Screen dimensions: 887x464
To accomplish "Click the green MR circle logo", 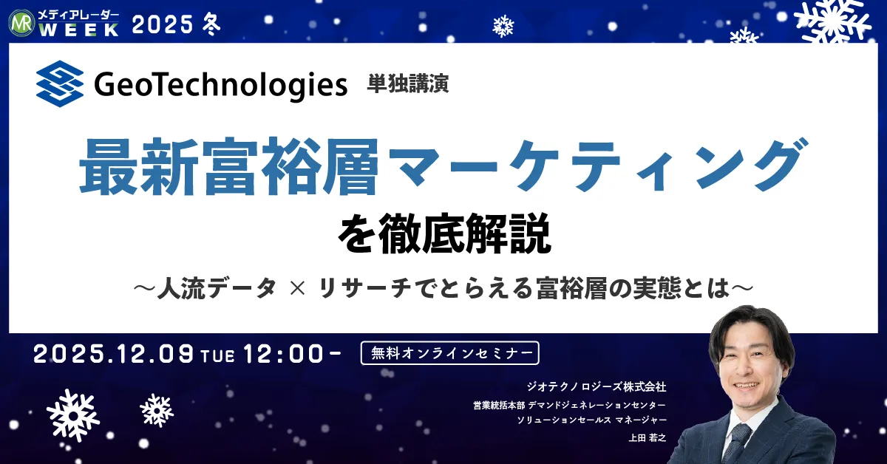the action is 21,23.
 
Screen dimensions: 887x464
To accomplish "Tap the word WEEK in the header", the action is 79,30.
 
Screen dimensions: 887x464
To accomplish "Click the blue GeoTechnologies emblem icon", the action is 60,83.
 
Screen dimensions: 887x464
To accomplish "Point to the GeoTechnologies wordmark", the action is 220,85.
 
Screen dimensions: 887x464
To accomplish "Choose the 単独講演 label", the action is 407,84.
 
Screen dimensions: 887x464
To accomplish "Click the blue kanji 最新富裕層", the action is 229,167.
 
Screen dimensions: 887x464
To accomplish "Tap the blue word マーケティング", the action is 595,166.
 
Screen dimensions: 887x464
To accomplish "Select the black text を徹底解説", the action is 444,233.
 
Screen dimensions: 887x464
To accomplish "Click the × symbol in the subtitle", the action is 297,288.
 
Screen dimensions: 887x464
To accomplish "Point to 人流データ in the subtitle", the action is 217,288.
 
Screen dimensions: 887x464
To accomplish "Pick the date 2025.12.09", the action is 114,354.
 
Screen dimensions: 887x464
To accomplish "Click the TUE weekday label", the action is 218,356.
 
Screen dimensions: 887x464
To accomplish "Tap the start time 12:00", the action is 284,354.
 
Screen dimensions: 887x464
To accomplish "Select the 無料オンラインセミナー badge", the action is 450,352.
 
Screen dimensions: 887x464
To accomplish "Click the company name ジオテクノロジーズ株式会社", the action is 597,386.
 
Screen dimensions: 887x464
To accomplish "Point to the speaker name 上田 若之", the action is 648,437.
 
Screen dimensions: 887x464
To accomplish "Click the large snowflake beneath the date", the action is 73,415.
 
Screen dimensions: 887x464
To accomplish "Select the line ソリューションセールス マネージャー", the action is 591,420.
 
